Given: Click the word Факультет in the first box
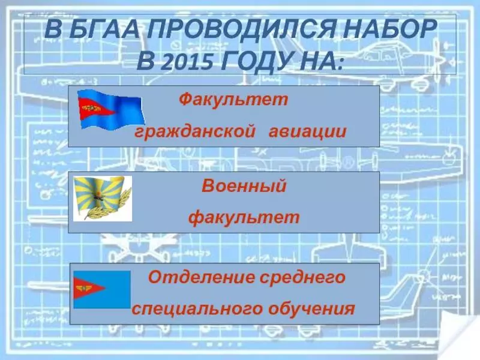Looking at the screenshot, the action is click(x=233, y=100).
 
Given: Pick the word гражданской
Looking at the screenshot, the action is click(x=195, y=131).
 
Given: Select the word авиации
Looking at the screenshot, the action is click(x=308, y=131).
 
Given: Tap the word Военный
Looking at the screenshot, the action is click(x=244, y=185).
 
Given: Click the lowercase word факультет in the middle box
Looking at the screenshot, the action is click(x=244, y=217).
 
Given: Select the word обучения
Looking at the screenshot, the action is click(x=311, y=308).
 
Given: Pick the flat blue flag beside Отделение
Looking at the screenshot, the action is click(x=102, y=289).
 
